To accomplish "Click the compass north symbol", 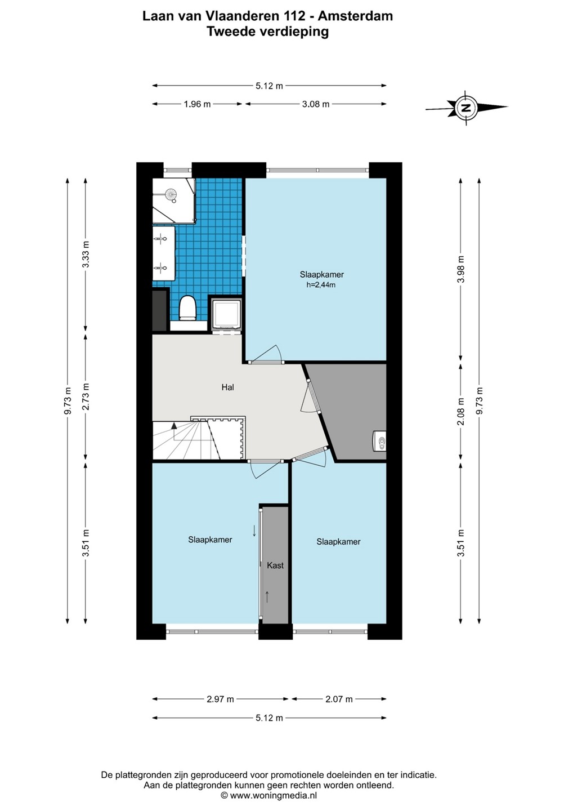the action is tap(466, 107).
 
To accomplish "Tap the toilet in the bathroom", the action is tap(187, 308).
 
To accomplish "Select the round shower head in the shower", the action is tap(171, 194).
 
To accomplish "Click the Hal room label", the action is tap(228, 387).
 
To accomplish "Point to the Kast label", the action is tap(275, 565).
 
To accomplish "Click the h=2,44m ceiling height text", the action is tap(321, 285).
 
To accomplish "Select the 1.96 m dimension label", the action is tap(197, 104).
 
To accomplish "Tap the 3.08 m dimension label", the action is tap(316, 104).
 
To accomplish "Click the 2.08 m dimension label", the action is tap(460, 412).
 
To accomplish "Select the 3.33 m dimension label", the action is tap(86, 254).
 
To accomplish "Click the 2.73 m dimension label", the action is tap(86, 396).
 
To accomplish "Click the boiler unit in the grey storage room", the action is tap(379, 441).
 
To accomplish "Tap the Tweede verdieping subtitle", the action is tap(268, 32).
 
